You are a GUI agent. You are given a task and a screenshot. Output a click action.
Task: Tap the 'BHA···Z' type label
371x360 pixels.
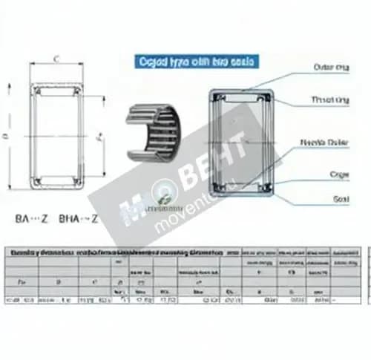tap(78, 219)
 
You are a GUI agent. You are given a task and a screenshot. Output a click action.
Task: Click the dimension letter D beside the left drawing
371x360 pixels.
tap(7, 136)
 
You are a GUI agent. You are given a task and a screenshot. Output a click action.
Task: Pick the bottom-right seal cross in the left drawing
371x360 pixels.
tap(77, 180)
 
